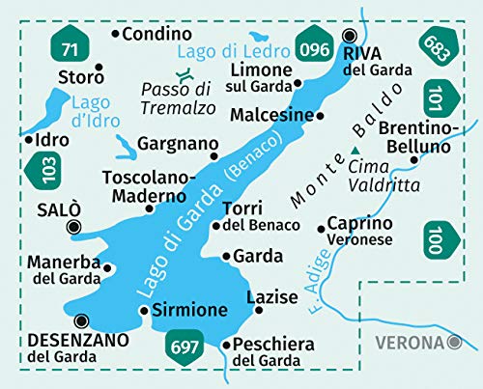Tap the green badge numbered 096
pyautogui.click(x=314, y=44)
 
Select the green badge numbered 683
pyautogui.click(x=436, y=45)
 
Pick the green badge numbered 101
pyautogui.click(x=435, y=97)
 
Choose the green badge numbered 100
pyautogui.click(x=436, y=236)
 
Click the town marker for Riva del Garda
pyautogui.click(x=350, y=35)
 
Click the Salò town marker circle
pyautogui.click(x=73, y=228)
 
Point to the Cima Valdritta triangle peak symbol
pyautogui.click(x=356, y=150)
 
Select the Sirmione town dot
pyautogui.click(x=144, y=311)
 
